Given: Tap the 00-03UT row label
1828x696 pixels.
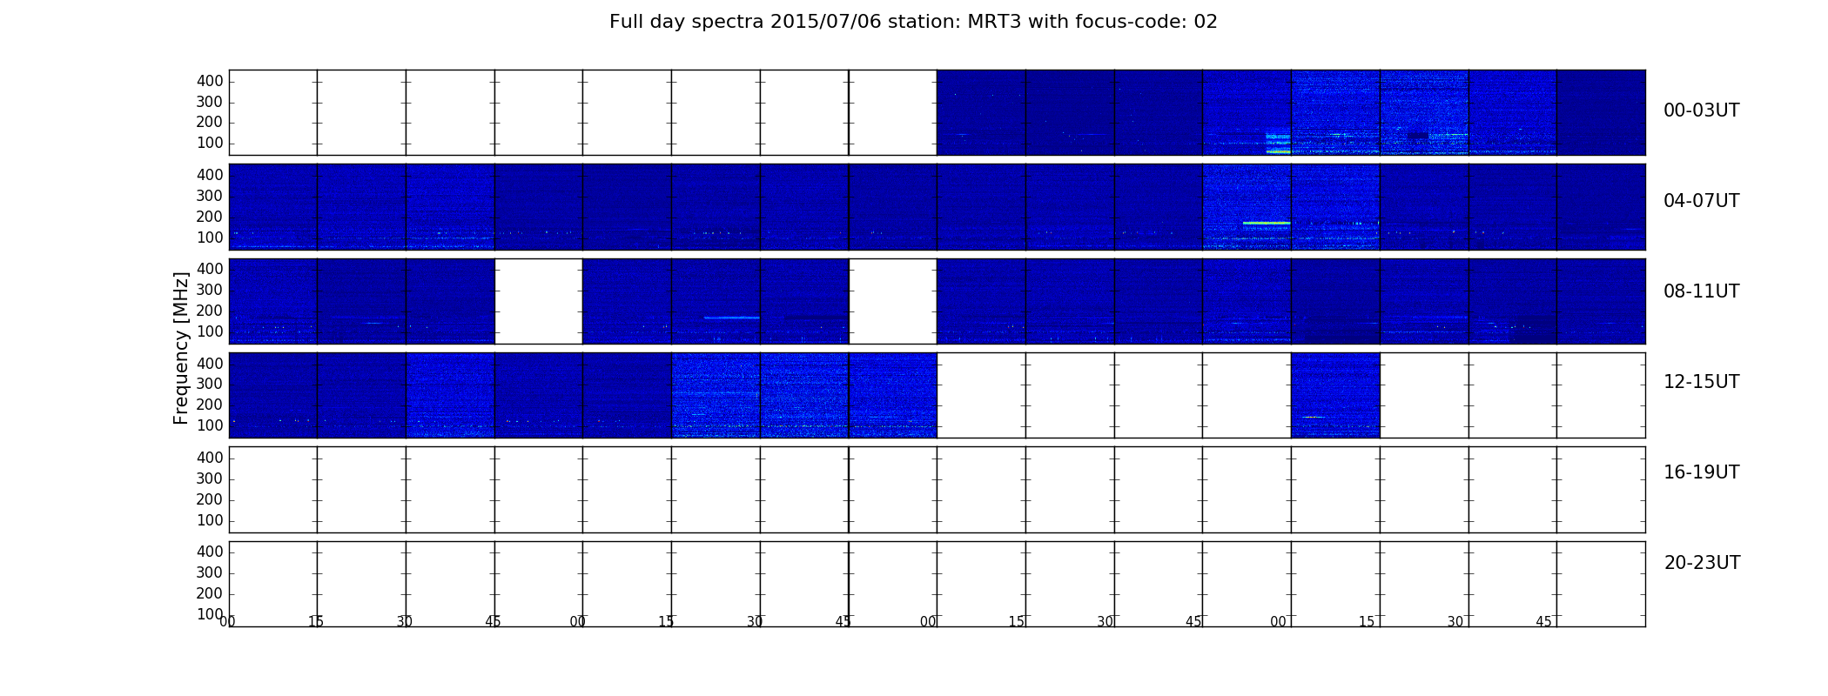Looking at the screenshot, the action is (x=1701, y=110).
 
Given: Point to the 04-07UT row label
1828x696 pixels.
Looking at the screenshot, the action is (x=1701, y=201).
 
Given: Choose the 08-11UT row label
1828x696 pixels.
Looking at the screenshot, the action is (x=1701, y=291).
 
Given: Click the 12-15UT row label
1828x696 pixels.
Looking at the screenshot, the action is (x=1701, y=382).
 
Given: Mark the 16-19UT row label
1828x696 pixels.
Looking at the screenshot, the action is (x=1701, y=472).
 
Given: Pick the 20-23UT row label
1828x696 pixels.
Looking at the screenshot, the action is (x=1702, y=563).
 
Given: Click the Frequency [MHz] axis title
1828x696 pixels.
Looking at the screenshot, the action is (x=181, y=348).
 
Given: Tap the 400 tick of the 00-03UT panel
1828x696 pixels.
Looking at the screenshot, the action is (x=210, y=81).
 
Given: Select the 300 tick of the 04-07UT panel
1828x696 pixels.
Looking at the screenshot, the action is (x=210, y=197).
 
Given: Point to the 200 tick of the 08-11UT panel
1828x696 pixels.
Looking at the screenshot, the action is (x=210, y=311).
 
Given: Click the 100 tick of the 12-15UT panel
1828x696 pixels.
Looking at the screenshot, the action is (x=210, y=426).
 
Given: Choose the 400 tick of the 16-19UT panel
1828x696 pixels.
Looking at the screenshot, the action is (x=210, y=458).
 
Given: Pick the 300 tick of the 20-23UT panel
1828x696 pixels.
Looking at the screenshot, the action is (x=210, y=572).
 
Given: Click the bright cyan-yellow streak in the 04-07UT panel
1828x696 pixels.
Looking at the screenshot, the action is (x=1267, y=224).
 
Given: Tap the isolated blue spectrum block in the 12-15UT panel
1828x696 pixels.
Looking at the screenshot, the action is (x=1335, y=395).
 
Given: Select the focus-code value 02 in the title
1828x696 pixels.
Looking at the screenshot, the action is (x=1206, y=22).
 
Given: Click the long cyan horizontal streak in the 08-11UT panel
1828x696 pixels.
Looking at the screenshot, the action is (x=731, y=318).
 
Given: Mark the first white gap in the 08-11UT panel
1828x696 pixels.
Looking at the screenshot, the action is (x=539, y=301).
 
